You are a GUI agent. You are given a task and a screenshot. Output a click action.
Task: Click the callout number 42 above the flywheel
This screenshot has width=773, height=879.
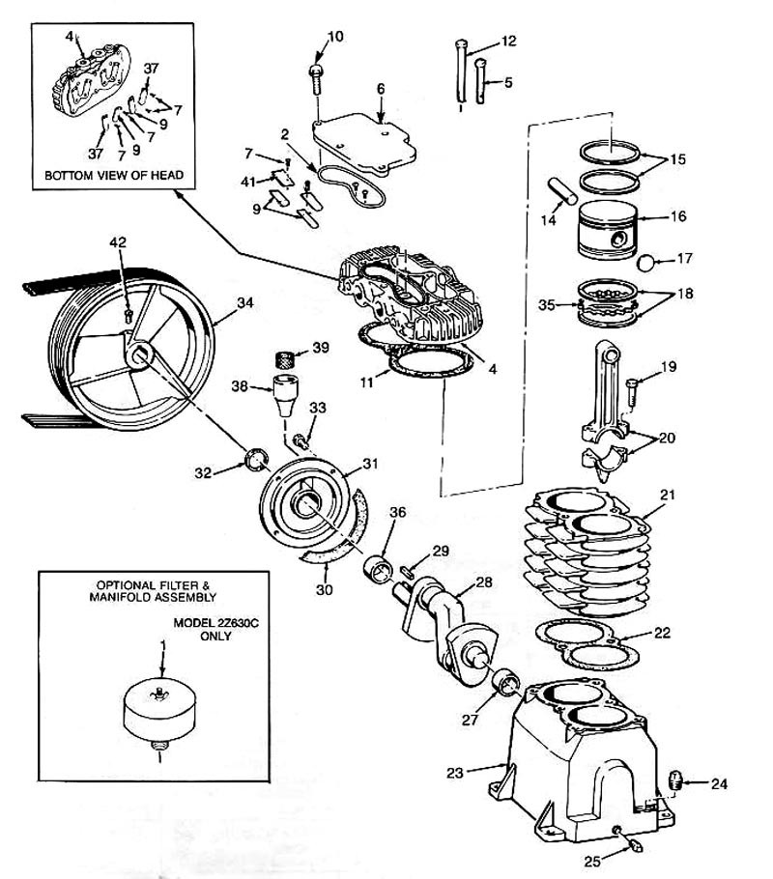pyautogui.click(x=118, y=242)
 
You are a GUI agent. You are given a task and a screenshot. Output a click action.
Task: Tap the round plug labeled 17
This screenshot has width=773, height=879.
pyautogui.click(x=648, y=262)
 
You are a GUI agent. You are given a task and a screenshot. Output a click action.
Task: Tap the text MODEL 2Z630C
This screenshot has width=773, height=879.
pyautogui.click(x=215, y=623)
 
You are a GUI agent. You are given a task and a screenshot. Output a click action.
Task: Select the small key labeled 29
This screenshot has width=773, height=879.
pyautogui.click(x=407, y=571)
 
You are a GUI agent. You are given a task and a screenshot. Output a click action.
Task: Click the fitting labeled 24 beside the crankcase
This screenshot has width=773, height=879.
pyautogui.click(x=675, y=780)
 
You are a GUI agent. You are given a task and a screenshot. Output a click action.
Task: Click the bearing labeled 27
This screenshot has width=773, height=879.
pyautogui.click(x=505, y=682)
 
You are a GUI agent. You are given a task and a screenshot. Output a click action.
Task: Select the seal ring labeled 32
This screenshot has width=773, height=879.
pyautogui.click(x=256, y=458)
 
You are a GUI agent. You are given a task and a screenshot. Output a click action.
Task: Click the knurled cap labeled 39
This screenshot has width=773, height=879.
pyautogui.click(x=288, y=358)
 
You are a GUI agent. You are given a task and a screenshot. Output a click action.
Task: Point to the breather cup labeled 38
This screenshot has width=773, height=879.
pyautogui.click(x=286, y=396)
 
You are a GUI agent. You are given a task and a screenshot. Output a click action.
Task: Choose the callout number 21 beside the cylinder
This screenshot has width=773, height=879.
pyautogui.click(x=668, y=495)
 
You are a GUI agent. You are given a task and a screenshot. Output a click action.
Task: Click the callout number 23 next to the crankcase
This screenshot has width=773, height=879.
pyautogui.click(x=455, y=773)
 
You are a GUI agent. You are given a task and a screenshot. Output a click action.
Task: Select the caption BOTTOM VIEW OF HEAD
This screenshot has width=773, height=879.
pyautogui.click(x=114, y=175)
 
